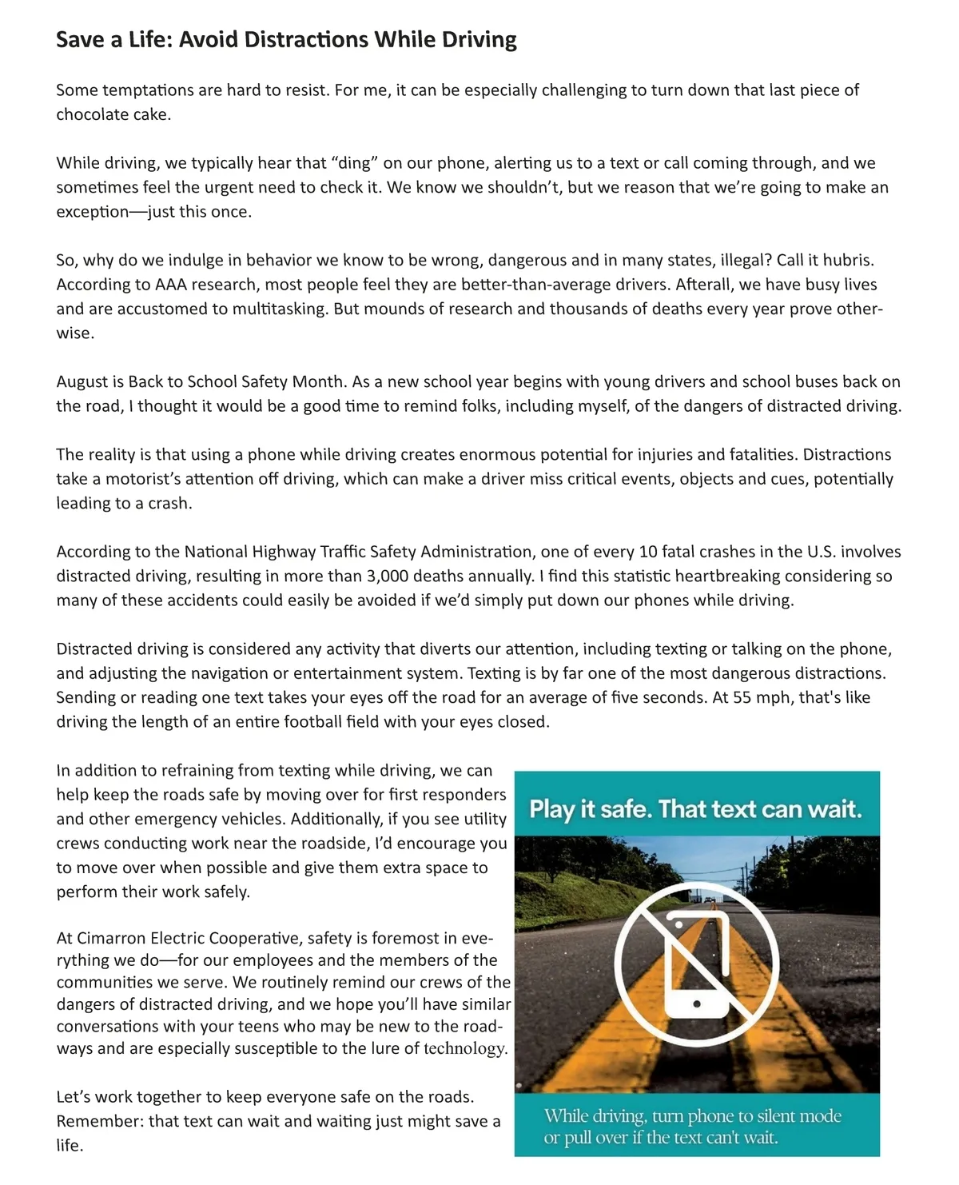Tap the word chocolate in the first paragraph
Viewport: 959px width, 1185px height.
pyautogui.click(x=88, y=114)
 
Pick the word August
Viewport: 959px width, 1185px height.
pyautogui.click(x=82, y=381)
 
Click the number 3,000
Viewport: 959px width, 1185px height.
pyautogui.click(x=389, y=576)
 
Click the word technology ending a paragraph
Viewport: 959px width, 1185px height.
pyautogui.click(x=465, y=1048)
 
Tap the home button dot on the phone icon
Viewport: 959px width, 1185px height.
pyautogui.click(x=697, y=1003)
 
